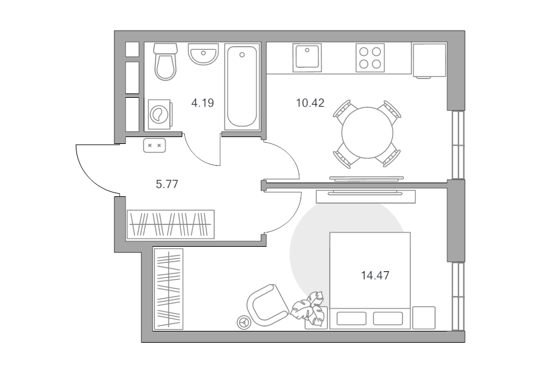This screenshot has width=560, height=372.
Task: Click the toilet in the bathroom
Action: (166, 62)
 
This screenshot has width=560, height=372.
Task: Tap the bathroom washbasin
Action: (203, 54)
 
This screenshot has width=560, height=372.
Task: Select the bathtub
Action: (242, 87)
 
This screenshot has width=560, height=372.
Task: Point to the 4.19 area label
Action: (202, 103)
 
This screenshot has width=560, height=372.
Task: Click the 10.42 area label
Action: (310, 103)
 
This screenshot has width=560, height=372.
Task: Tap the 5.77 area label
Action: (167, 184)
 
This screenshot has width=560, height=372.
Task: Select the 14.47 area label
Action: (375, 275)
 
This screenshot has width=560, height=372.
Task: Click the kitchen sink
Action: (307, 57)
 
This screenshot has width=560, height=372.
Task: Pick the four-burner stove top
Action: (370, 57)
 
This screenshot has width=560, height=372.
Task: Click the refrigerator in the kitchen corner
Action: (429, 60)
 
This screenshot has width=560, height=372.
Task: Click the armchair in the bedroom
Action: (268, 305)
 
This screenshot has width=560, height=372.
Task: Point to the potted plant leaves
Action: (308, 308)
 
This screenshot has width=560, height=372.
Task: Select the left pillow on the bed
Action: (352, 318)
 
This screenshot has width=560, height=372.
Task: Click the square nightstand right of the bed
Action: (424, 318)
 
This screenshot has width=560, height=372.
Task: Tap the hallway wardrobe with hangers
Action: (170, 224)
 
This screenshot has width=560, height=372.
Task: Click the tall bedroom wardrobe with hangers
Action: (168, 289)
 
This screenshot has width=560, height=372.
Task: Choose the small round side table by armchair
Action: (245, 322)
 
